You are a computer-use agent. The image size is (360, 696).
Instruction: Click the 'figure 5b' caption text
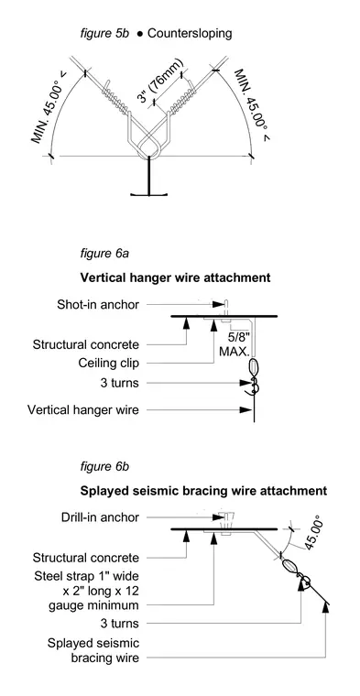pyautogui.click(x=104, y=33)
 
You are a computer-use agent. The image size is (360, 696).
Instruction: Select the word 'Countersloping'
pyautogui.click(x=190, y=34)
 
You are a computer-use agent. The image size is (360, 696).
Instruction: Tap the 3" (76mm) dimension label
pyautogui.click(x=160, y=81)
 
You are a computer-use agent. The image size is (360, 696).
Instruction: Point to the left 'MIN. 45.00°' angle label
pyautogui.click(x=49, y=107)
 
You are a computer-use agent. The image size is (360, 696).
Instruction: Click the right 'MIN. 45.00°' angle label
pyautogui.click(x=252, y=105)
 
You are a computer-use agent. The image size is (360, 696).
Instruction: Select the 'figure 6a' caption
pyautogui.click(x=104, y=254)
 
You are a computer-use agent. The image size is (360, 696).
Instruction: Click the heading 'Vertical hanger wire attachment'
pyautogui.click(x=175, y=278)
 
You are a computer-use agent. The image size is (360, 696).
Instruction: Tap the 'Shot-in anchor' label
pyautogui.click(x=98, y=304)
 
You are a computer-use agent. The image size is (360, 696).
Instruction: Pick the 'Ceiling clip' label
pyautogui.click(x=109, y=363)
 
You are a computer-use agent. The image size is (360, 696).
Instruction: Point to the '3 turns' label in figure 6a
pyautogui.click(x=119, y=383)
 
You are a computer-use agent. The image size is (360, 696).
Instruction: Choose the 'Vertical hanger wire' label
pyautogui.click(x=83, y=409)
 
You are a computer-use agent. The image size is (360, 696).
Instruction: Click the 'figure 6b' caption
pyautogui.click(x=104, y=467)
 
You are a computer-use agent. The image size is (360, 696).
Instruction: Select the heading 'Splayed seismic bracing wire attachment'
pyautogui.click(x=203, y=491)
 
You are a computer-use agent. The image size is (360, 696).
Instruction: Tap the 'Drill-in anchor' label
pyautogui.click(x=101, y=517)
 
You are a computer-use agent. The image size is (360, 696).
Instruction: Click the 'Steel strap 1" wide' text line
pyautogui.click(x=86, y=576)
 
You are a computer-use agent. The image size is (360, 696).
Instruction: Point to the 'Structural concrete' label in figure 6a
pyautogui.click(x=86, y=344)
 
